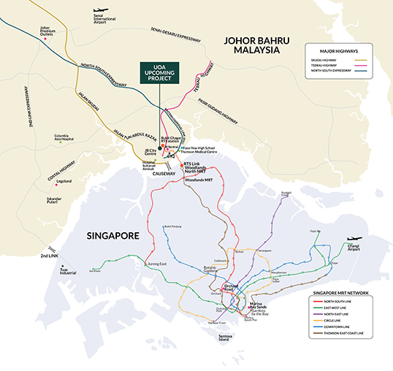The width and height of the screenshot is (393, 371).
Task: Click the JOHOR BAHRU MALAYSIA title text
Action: tap(252, 45)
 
